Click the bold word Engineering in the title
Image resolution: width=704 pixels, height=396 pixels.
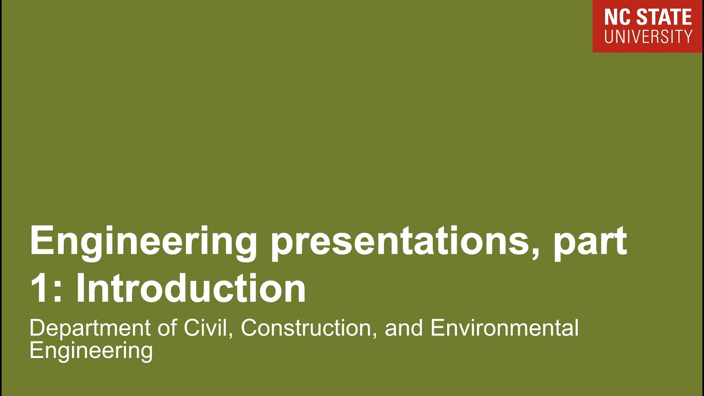[x=144, y=241]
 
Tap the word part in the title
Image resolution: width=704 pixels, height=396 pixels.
[x=590, y=242]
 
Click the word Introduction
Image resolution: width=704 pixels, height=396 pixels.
[x=190, y=288]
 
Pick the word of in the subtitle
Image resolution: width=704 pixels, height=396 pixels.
[x=164, y=328]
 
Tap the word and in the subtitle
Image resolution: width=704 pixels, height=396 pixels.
[x=404, y=328]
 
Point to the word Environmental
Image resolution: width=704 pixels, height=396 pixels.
[x=504, y=328]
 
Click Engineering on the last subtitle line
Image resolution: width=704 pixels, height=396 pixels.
[x=91, y=350]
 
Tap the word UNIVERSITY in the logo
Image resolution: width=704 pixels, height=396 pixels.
[x=648, y=37]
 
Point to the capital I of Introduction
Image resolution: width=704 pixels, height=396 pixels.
[x=80, y=288]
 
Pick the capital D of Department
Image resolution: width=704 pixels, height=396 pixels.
[x=36, y=328]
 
